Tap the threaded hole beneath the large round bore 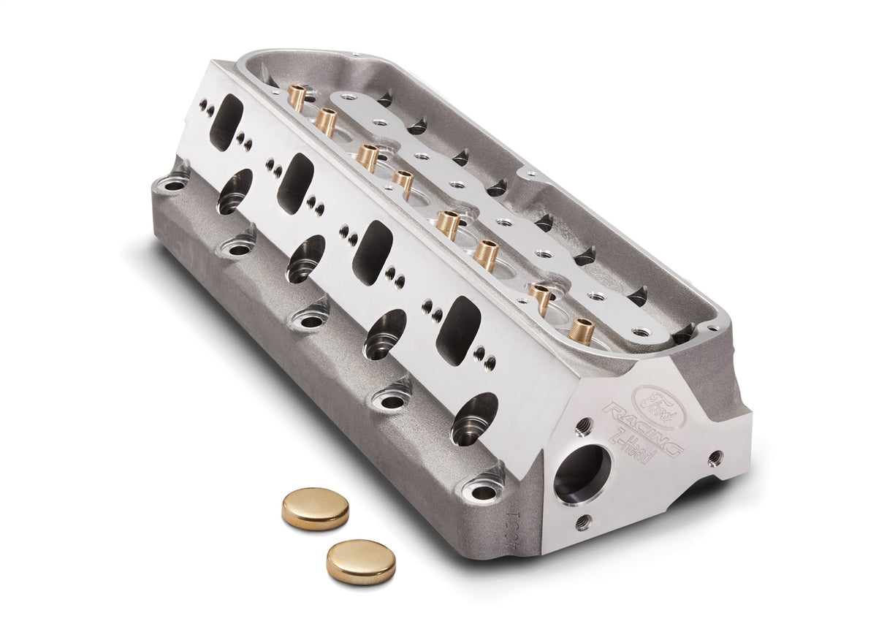click(x=582, y=522)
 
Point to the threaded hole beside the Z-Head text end click(x=716, y=457)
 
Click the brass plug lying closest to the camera click(x=361, y=561)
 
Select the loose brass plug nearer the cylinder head click(x=315, y=508)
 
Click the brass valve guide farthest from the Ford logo click(x=297, y=97)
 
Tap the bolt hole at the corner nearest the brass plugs click(x=483, y=490)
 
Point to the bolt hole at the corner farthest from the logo click(x=174, y=186)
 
